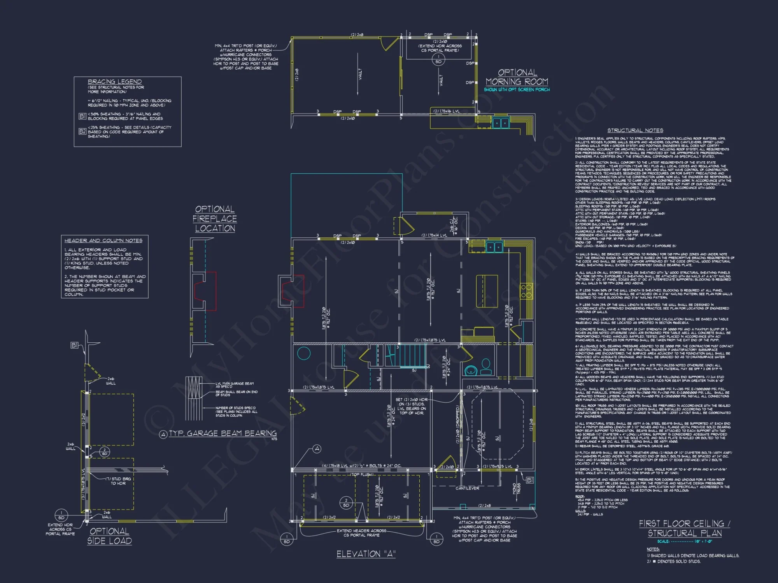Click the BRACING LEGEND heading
click(x=114, y=82)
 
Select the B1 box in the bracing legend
click(x=82, y=116)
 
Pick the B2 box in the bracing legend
click(x=82, y=131)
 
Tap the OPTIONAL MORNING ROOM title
click(x=517, y=77)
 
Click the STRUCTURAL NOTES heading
click(x=635, y=131)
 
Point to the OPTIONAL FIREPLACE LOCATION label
click(x=215, y=219)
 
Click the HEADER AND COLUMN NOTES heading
click(x=103, y=241)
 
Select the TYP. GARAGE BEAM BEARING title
click(x=223, y=433)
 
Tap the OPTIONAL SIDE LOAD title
click(x=109, y=536)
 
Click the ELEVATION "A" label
click(x=366, y=554)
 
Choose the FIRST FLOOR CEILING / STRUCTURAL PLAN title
click(x=685, y=528)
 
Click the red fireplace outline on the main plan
click(x=294, y=291)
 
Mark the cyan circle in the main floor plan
click(x=304, y=353)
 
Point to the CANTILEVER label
click(x=467, y=488)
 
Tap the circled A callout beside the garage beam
click(x=317, y=449)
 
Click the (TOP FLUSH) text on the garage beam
click(x=361, y=475)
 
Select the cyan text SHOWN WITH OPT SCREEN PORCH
click(x=517, y=90)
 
